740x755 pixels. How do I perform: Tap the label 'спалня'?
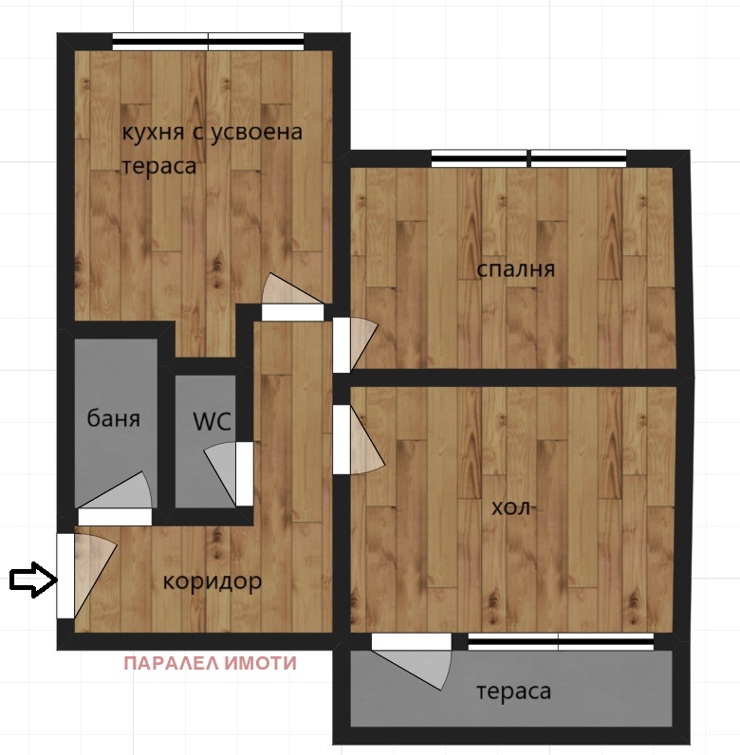click(x=515, y=269)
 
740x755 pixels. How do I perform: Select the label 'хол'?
click(x=509, y=507)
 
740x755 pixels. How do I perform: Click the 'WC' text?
click(x=212, y=422)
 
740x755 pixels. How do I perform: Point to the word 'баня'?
click(x=113, y=418)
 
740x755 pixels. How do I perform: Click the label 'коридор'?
click(x=212, y=580)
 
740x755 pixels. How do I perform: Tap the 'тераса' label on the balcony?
click(x=512, y=691)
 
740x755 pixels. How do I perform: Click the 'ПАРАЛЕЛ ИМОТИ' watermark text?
click(x=210, y=663)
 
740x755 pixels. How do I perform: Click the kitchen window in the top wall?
click(x=208, y=41)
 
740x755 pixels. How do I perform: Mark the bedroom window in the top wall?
click(x=528, y=158)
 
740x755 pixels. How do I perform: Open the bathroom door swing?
click(x=120, y=499)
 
